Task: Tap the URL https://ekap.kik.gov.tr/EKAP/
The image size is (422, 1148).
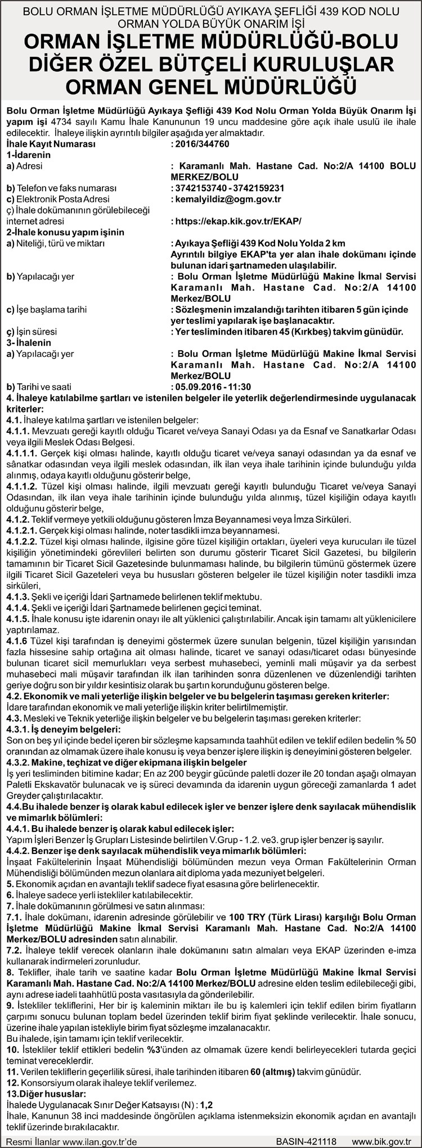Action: tap(237, 221)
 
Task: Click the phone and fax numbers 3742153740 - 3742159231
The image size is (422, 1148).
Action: tap(228, 188)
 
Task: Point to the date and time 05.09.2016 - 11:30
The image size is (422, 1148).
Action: tap(211, 387)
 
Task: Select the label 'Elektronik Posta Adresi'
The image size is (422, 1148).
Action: tap(58, 199)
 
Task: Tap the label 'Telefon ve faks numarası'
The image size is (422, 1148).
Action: tap(61, 188)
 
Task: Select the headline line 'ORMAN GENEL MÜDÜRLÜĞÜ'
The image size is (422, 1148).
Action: tap(211, 87)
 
